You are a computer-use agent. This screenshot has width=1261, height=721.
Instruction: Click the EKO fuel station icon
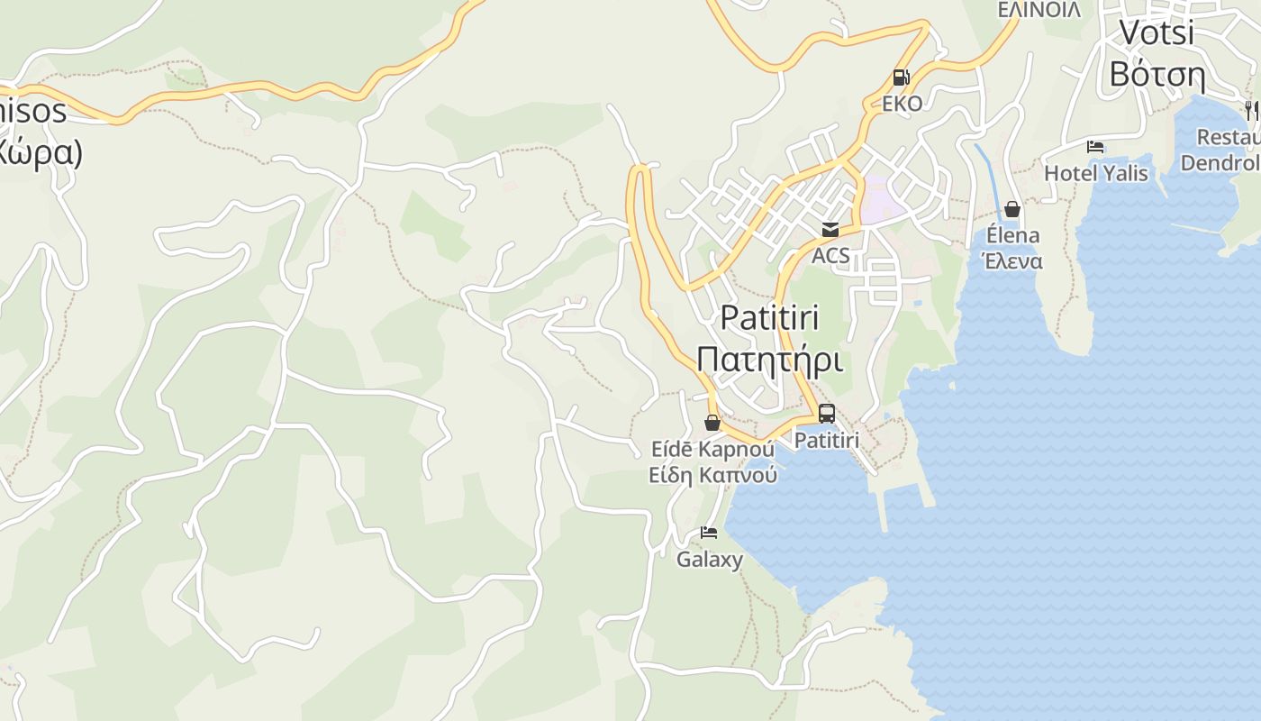[x=901, y=78]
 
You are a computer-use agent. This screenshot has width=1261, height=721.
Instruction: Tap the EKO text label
[x=902, y=104]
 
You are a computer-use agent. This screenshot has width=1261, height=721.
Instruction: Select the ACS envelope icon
[x=830, y=230]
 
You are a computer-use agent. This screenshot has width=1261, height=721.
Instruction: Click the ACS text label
[x=830, y=255]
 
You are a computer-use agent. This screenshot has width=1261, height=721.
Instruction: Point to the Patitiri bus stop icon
[x=826, y=414]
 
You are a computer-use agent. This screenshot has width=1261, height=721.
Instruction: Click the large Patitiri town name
[x=769, y=318]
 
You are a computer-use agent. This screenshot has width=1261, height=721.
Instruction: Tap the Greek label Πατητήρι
[x=770, y=360]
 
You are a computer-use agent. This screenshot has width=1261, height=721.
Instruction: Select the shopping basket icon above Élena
[x=1012, y=209]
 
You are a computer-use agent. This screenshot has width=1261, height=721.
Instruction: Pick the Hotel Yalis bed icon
[x=1095, y=147]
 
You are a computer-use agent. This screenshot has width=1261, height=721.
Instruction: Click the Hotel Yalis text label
[x=1095, y=172]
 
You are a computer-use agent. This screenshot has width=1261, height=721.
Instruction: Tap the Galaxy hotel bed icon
[x=709, y=533]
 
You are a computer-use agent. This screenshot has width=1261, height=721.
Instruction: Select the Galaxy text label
[x=710, y=559]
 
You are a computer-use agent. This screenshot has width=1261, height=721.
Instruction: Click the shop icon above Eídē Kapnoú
[x=712, y=423]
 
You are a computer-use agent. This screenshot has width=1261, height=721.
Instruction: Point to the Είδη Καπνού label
[x=712, y=474]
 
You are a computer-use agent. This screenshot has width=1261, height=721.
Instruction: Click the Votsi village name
[x=1157, y=32]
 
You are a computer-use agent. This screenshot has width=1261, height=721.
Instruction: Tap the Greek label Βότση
[x=1157, y=74]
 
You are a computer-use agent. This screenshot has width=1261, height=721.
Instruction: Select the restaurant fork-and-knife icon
[x=1251, y=111]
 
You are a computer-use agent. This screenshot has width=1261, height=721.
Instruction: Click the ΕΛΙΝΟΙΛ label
[x=1039, y=10]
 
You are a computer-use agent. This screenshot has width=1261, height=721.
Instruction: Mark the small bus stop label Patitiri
[x=826, y=440]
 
